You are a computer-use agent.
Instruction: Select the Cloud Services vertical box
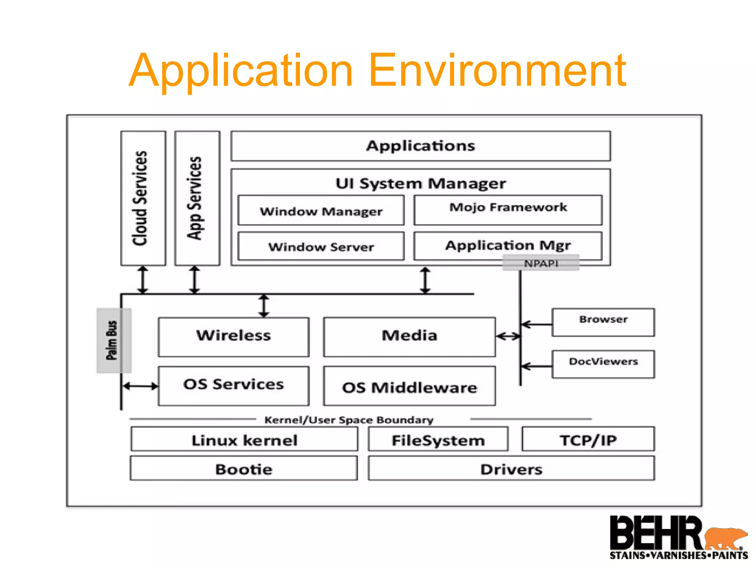143,198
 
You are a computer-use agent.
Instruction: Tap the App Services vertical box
197,198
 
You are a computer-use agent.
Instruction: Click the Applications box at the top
420,146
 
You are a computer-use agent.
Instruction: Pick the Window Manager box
321,210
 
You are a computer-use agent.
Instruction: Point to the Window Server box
321,246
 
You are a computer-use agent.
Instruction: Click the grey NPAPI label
541,263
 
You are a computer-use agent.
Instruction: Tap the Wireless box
233,336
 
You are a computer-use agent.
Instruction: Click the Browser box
603,322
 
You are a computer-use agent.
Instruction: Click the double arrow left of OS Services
140,386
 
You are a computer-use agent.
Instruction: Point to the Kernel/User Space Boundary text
349,420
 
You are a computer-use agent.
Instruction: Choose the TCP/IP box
588,439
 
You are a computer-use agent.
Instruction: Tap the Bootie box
244,468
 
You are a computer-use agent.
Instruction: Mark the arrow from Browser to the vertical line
537,324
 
